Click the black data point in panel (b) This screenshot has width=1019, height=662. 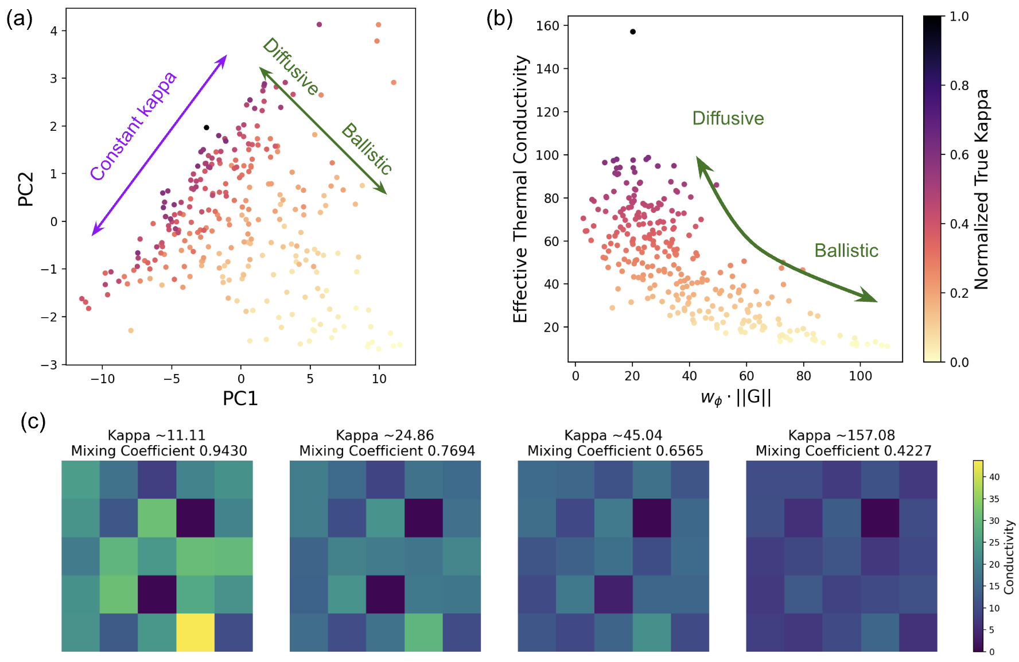pos(633,32)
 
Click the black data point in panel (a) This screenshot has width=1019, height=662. pos(207,127)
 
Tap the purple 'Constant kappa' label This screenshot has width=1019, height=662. pos(134,126)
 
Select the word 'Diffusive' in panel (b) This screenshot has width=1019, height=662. pos(728,118)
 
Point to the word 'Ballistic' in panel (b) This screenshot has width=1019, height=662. pos(846,251)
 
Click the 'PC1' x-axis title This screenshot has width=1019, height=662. pos(240,398)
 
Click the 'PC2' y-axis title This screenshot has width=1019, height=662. pos(26,189)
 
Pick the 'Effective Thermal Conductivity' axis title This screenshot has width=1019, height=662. pos(520,189)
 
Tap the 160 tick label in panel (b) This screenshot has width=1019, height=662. pos(547,26)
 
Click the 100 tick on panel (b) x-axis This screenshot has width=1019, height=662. pos(860,376)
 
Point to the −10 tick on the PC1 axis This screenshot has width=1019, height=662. pos(103,379)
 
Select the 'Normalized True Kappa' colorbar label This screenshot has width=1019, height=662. pos(982,189)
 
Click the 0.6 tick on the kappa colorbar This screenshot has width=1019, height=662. pos(959,155)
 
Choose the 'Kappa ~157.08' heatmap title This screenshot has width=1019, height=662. pos(841,435)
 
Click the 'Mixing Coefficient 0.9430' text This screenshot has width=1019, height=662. pos(159,451)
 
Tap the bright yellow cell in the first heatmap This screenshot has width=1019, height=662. pos(195,632)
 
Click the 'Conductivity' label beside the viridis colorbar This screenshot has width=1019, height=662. pos(1009,557)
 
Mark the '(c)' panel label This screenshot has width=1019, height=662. pos(33,422)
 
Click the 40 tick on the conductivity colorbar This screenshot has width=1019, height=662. pos(994,477)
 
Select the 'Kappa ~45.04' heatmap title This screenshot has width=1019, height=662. pos(613,435)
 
